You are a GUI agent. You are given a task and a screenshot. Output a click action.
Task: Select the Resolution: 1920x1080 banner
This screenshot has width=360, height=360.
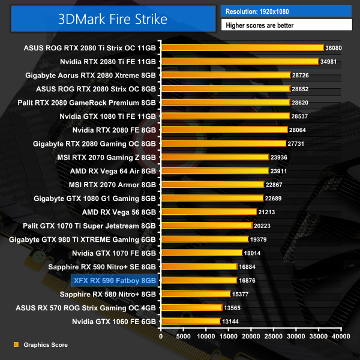[x=286, y=11]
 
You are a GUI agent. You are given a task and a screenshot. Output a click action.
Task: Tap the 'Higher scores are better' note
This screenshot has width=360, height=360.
[x=286, y=25]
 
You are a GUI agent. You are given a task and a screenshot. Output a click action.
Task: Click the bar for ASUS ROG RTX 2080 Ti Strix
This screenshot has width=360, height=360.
[x=242, y=47]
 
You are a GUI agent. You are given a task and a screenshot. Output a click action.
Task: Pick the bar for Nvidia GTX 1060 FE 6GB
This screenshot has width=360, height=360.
[x=190, y=322]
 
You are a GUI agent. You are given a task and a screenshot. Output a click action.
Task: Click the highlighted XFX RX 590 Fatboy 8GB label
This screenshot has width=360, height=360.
[x=114, y=280]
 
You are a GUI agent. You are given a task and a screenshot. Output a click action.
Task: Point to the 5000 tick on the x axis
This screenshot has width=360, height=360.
[x=183, y=337]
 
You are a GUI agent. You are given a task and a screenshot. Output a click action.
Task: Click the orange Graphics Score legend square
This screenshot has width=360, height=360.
[x=16, y=344]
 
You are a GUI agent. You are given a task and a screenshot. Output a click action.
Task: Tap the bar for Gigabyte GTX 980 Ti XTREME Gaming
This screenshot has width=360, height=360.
[x=204, y=239]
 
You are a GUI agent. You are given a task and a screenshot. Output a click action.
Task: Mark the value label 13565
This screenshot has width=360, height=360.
[x=233, y=308]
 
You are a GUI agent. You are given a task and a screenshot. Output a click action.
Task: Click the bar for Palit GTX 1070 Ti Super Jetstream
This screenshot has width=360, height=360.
[x=206, y=226]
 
